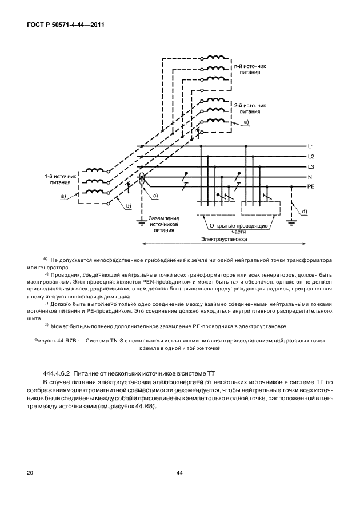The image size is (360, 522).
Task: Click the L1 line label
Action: (x=311, y=146)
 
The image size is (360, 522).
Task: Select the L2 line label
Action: (x=311, y=157)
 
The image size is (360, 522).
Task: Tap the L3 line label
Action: (x=311, y=167)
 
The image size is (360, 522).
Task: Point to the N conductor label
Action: (x=310, y=177)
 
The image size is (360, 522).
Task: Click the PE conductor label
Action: (x=311, y=187)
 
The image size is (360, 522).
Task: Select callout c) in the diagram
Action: (x=155, y=196)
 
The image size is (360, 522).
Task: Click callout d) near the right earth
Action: (x=305, y=212)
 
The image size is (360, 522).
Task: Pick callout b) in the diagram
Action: (x=128, y=206)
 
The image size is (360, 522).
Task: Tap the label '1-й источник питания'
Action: (x=61, y=180)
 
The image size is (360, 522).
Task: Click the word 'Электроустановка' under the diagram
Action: (x=224, y=239)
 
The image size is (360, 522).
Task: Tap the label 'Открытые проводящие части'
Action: (x=238, y=229)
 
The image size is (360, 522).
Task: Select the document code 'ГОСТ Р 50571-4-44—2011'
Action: (x=66, y=25)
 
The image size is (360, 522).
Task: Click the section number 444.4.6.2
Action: (x=57, y=372)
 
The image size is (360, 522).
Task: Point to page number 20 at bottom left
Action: (x=30, y=473)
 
